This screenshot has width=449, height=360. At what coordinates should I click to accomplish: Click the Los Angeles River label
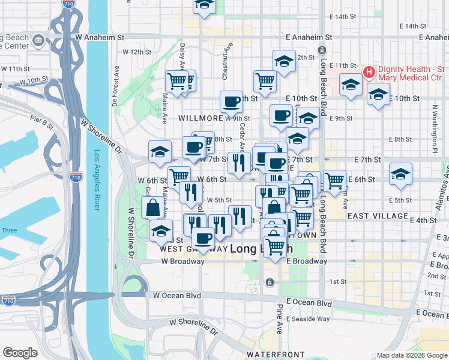96,180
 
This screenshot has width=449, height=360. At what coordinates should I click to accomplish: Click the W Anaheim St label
99,37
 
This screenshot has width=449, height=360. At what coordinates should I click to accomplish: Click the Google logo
20,353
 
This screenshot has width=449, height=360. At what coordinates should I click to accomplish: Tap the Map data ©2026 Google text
412,356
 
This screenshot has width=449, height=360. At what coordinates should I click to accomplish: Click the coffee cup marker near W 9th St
231,102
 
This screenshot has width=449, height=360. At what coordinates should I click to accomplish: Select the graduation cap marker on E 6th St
401,175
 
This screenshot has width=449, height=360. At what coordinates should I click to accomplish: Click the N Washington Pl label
434,125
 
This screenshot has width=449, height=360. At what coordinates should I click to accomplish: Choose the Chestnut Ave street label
226,61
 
